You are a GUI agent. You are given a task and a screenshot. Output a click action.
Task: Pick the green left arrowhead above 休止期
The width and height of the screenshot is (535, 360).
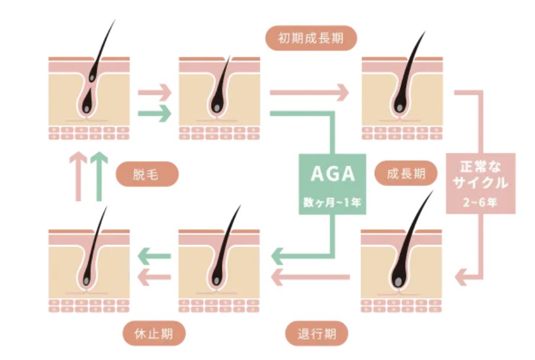click(x=143, y=256)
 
